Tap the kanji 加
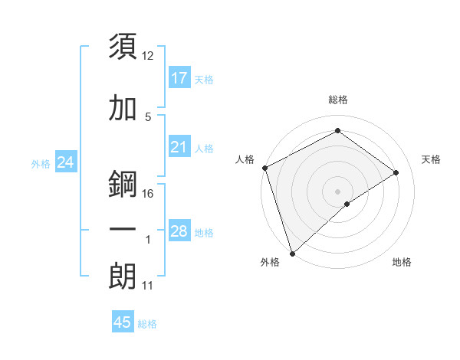(123, 109)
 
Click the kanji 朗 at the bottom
(123, 277)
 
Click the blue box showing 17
(179, 78)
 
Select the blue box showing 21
(179, 147)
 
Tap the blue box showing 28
(179, 231)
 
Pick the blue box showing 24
(65, 162)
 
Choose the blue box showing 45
(123, 322)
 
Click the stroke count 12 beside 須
(148, 56)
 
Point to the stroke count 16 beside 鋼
(148, 194)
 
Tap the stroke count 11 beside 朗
(148, 286)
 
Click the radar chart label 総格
(337, 100)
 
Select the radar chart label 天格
(431, 159)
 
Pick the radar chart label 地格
(402, 262)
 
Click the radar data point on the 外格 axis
(291, 253)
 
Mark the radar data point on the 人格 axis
(264, 168)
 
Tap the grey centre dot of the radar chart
(337, 191)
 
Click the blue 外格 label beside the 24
(41, 163)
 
